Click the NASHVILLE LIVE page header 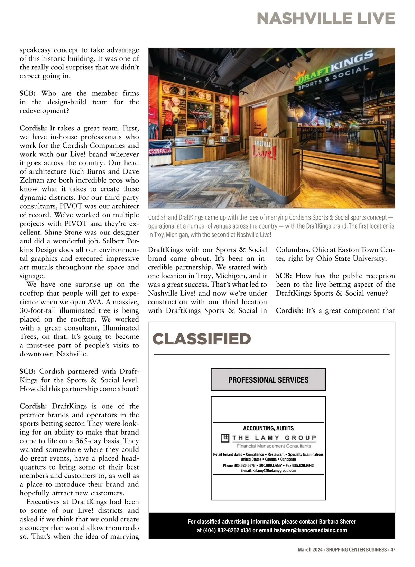pyautogui.click(x=325, y=18)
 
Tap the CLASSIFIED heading pyautogui.click(x=202, y=339)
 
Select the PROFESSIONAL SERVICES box pyautogui.click(x=268, y=380)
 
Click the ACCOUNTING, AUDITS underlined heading pyautogui.click(x=268, y=428)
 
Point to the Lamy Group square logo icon pyautogui.click(x=225, y=438)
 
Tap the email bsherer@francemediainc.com pyautogui.click(x=310, y=530)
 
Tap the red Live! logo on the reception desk pyautogui.click(x=265, y=152)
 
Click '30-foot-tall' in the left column pyautogui.click(x=40, y=311)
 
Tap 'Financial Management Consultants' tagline pyautogui.click(x=274, y=446)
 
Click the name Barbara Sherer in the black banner pyautogui.click(x=337, y=522)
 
